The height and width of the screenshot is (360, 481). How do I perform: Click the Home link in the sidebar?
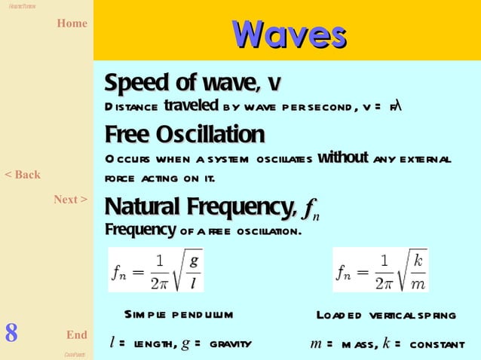click(72, 23)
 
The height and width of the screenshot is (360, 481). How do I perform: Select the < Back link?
click(23, 175)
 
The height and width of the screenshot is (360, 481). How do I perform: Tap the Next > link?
click(70, 200)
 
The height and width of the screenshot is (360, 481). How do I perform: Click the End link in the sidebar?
click(76, 334)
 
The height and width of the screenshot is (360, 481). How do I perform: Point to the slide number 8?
click(11, 332)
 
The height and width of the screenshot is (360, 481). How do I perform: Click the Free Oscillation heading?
click(185, 135)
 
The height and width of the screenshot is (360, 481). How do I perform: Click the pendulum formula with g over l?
click(155, 270)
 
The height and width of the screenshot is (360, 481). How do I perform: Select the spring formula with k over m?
click(380, 270)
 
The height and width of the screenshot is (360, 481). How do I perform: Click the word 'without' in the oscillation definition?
click(342, 158)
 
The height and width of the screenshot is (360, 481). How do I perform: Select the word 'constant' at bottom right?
click(437, 344)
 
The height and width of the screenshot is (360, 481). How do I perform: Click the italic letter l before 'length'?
click(112, 343)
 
